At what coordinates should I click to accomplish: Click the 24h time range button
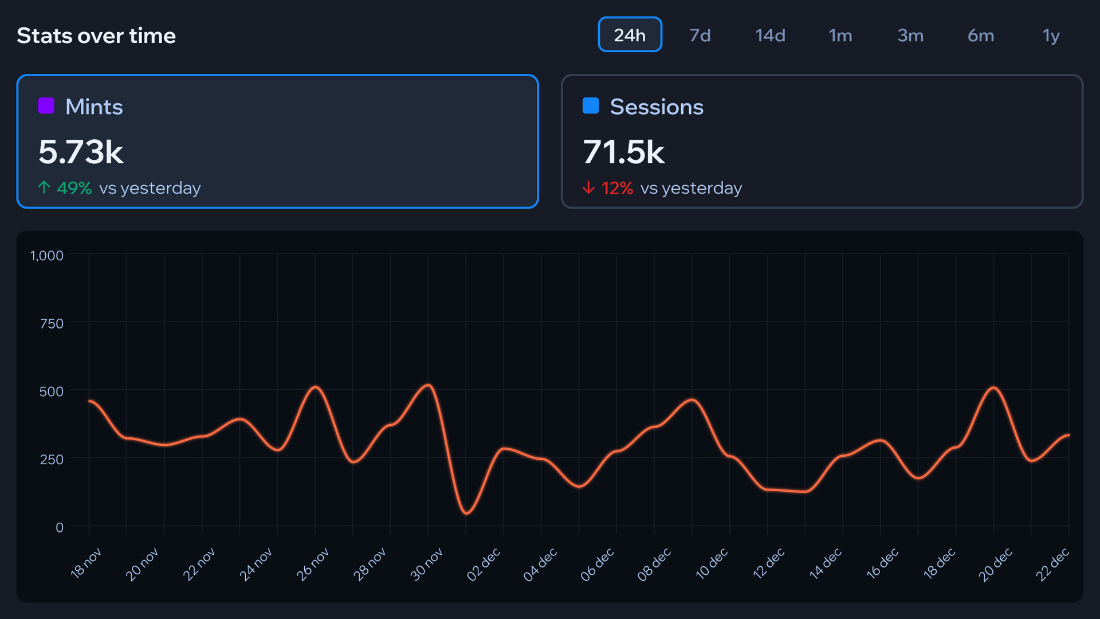click(x=630, y=35)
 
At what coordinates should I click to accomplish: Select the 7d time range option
click(x=700, y=36)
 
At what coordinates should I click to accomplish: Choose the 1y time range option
click(x=1051, y=36)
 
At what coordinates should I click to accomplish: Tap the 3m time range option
click(x=910, y=36)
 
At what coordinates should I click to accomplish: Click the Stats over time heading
click(x=96, y=36)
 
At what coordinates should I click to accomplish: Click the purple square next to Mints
click(x=46, y=105)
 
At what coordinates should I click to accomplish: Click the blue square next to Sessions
click(x=591, y=105)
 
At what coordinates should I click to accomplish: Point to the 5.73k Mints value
click(x=81, y=152)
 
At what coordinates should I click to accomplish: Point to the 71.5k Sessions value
click(x=623, y=152)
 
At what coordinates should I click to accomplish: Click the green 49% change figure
click(x=74, y=188)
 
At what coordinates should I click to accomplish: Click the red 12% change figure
click(x=617, y=188)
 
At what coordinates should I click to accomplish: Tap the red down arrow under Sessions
click(x=588, y=187)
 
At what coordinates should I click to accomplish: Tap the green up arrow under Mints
click(x=44, y=187)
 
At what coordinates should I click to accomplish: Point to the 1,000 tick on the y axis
click(x=47, y=256)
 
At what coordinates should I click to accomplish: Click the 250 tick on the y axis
click(x=52, y=459)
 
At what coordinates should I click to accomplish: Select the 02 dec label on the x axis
click(x=484, y=564)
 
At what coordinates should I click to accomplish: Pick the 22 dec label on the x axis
click(x=1052, y=564)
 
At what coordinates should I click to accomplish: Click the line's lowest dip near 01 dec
click(x=466, y=513)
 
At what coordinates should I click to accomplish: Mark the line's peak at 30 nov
click(x=428, y=385)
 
